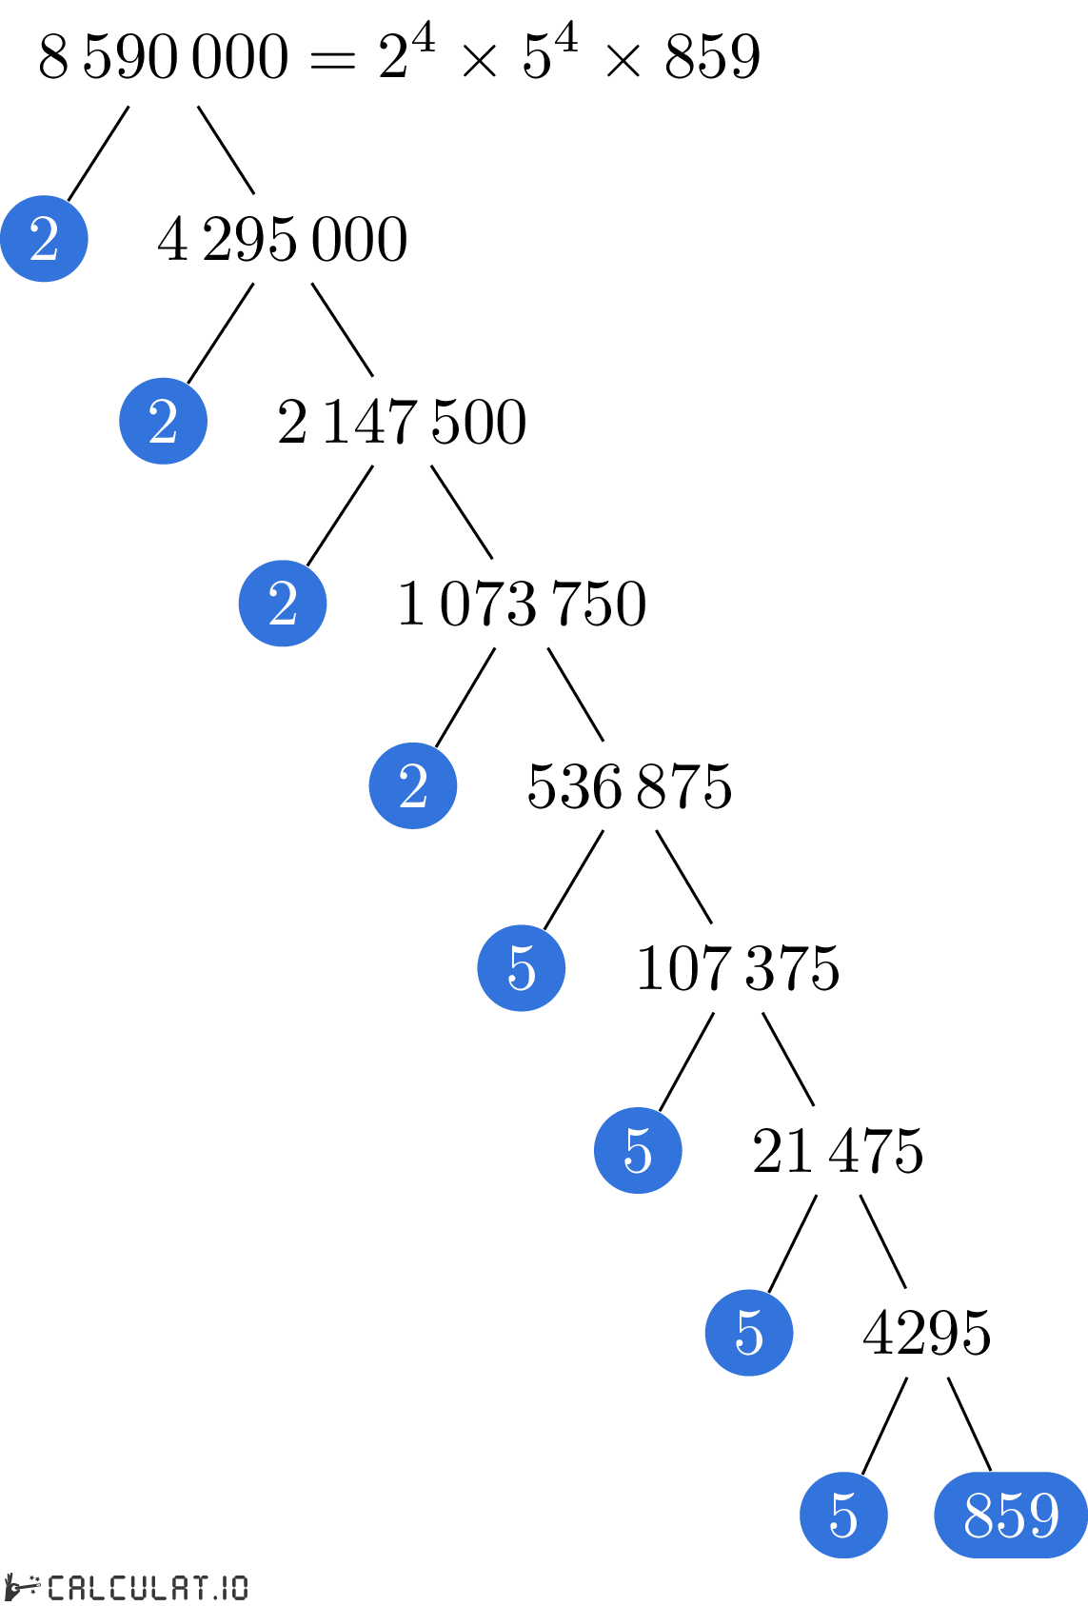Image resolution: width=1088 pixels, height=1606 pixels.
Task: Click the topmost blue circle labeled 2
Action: point(44,238)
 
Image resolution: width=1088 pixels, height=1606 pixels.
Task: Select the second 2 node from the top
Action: point(163,421)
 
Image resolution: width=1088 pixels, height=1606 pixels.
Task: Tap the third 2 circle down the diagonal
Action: point(283,604)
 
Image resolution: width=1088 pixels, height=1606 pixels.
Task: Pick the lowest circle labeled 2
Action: point(413,785)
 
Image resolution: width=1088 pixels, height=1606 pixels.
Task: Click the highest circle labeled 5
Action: point(522,968)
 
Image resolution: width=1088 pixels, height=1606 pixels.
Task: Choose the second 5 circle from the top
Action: point(638,1150)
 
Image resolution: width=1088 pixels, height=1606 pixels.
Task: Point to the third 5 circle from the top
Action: point(749,1333)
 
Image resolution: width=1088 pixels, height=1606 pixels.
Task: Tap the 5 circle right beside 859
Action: point(843,1515)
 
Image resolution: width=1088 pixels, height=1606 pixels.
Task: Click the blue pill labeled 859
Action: point(1011,1515)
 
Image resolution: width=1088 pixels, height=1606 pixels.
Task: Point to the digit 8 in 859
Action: point(979,1515)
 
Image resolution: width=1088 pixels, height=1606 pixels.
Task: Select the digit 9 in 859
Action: point(1043,1515)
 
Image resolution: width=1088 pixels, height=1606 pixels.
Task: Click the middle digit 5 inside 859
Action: point(1011,1515)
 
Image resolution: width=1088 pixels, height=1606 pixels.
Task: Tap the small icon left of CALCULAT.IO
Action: point(23,1587)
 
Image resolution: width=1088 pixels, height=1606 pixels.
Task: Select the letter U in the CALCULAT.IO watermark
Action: point(135,1587)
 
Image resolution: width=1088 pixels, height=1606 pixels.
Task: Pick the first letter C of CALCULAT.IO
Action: point(56,1587)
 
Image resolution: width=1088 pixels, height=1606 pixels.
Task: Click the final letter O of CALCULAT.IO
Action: point(237,1587)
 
